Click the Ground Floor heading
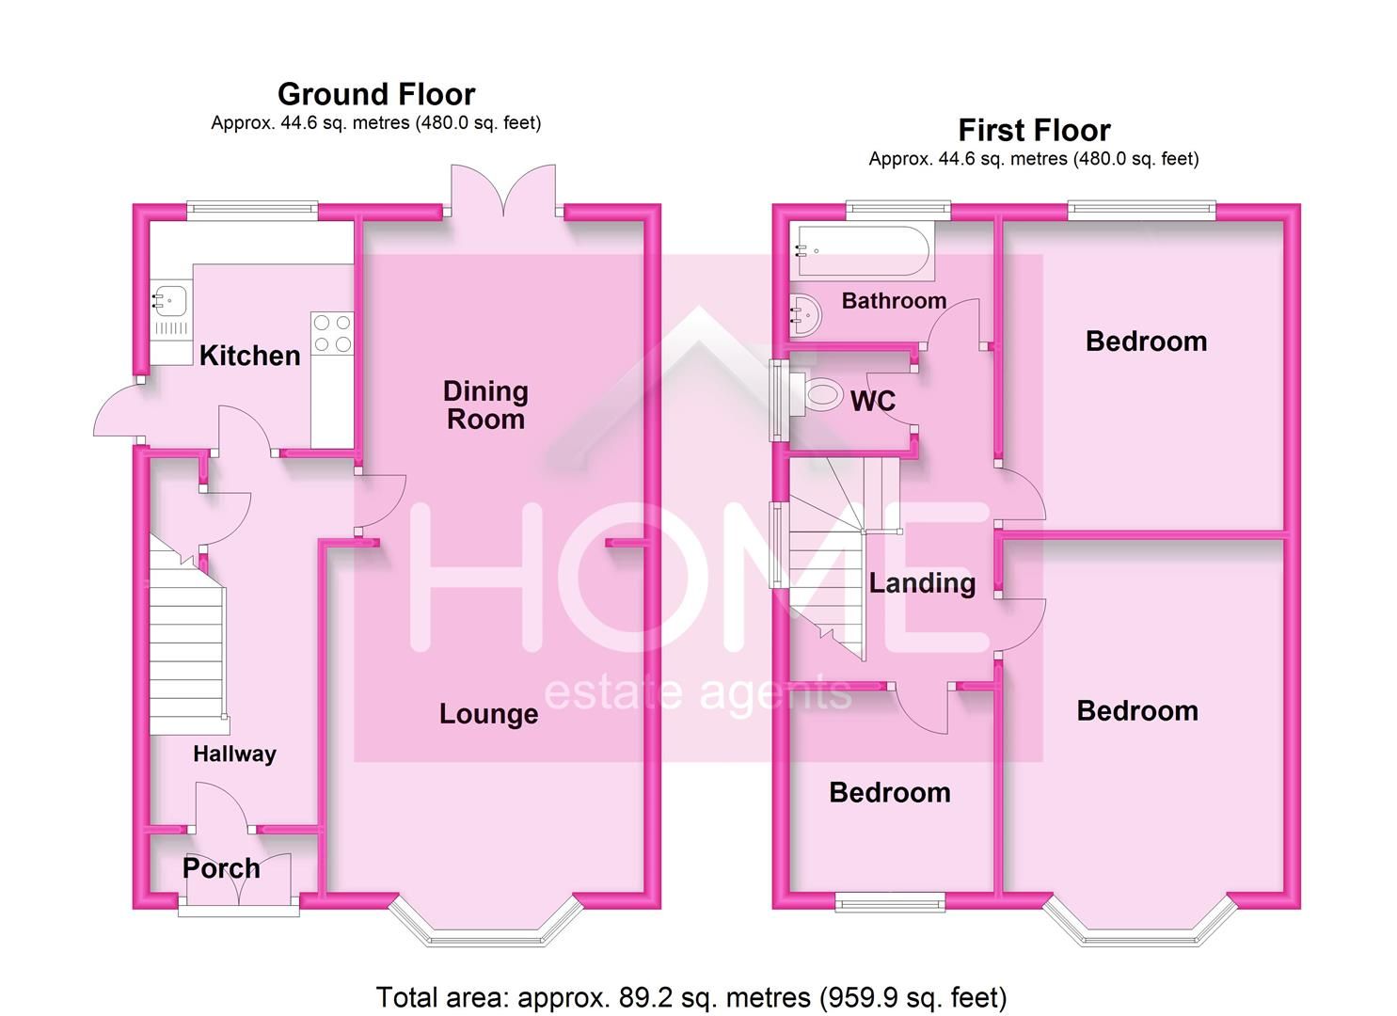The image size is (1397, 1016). [376, 94]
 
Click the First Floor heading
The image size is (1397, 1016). [1034, 130]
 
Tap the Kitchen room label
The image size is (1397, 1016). [249, 356]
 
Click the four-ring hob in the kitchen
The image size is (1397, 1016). [332, 333]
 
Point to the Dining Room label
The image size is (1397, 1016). [485, 405]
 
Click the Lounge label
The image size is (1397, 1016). [488, 714]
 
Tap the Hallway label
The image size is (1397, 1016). [234, 754]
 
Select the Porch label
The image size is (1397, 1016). [221, 868]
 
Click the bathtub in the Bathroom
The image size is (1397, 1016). [862, 251]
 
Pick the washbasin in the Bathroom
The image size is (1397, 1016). [805, 314]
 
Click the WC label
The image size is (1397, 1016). [872, 402]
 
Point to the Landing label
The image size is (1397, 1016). [921, 583]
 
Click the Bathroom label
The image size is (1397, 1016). [894, 301]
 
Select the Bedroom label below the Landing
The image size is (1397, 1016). [889, 792]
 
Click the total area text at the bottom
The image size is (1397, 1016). [691, 996]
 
